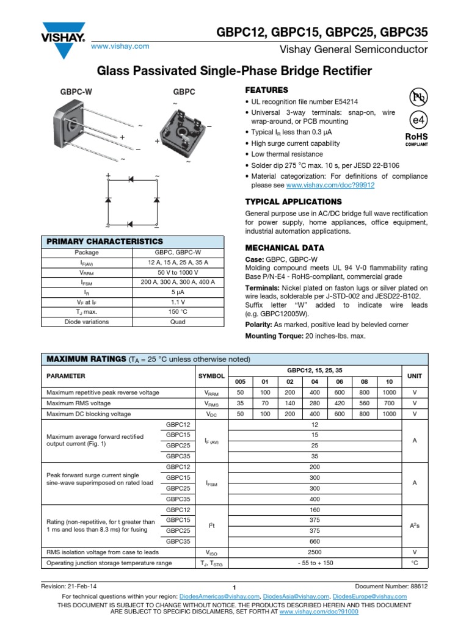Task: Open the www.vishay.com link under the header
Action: tap(120, 46)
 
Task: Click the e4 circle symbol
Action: tap(416, 120)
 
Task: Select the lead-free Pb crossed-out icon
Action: tap(416, 98)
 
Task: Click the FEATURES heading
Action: tap(266, 90)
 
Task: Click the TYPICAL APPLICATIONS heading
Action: tap(293, 201)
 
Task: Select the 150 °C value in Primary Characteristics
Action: tap(178, 312)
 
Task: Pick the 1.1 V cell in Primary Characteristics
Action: tap(178, 302)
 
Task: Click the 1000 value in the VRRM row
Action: tap(389, 392)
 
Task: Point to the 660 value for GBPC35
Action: tap(314, 541)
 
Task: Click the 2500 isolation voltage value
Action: tap(314, 552)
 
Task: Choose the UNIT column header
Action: tap(414, 376)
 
